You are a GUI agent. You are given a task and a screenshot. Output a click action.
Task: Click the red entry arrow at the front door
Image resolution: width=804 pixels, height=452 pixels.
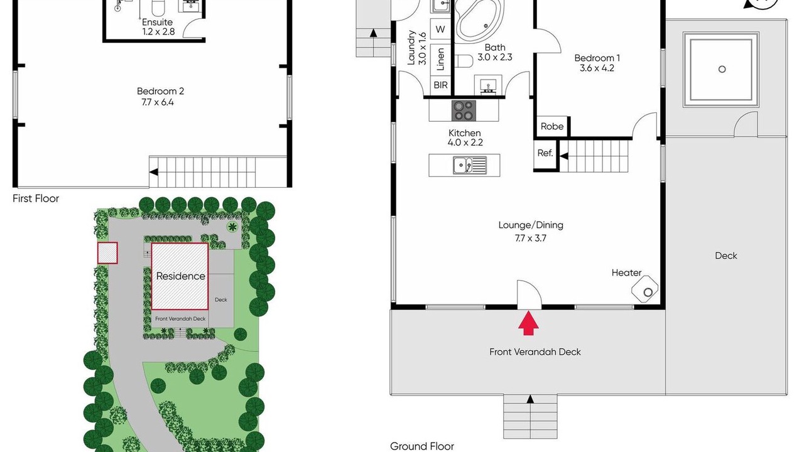pyautogui.click(x=528, y=323)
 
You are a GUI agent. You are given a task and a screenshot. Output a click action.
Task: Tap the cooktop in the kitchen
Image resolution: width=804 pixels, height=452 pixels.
pyautogui.click(x=464, y=110)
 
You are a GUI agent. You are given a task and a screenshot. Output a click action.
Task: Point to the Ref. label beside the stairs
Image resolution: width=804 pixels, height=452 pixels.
pyautogui.click(x=545, y=153)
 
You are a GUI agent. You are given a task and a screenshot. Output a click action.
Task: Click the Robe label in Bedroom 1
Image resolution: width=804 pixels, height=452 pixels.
pyautogui.click(x=552, y=126)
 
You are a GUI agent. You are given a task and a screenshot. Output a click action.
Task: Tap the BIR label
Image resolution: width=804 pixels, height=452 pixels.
pyautogui.click(x=440, y=85)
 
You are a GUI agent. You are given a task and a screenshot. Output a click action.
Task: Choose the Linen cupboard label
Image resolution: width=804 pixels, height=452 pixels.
pyautogui.click(x=440, y=59)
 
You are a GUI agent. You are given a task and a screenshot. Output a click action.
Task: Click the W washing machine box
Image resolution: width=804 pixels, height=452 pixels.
pyautogui.click(x=440, y=30)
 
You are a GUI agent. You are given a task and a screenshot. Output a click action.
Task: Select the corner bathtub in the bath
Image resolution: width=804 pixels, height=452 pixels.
pyautogui.click(x=479, y=21)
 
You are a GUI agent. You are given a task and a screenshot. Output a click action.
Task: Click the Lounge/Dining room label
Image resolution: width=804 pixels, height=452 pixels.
pyautogui.click(x=531, y=225)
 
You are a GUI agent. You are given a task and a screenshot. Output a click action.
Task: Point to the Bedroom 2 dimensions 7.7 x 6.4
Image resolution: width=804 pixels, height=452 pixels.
pyautogui.click(x=158, y=102)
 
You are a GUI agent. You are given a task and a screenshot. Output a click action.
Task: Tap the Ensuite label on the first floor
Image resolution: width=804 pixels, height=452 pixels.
pyautogui.click(x=157, y=22)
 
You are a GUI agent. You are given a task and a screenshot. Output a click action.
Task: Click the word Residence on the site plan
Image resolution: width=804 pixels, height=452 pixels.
pyautogui.click(x=180, y=276)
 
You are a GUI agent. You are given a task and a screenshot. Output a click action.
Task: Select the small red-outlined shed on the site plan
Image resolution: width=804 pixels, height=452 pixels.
pyautogui.click(x=107, y=253)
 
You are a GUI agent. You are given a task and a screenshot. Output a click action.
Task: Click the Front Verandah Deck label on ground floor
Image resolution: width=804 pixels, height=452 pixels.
pyautogui.click(x=535, y=352)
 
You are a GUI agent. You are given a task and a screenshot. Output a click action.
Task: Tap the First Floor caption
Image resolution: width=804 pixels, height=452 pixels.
pyautogui.click(x=36, y=198)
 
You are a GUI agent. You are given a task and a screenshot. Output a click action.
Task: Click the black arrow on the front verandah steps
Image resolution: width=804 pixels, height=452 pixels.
pyautogui.click(x=530, y=399)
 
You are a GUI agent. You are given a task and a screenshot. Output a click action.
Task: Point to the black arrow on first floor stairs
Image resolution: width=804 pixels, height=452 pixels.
pyautogui.click(x=154, y=172)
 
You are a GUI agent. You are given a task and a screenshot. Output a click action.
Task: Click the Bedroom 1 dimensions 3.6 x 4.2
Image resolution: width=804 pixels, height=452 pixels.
pyautogui.click(x=597, y=68)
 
